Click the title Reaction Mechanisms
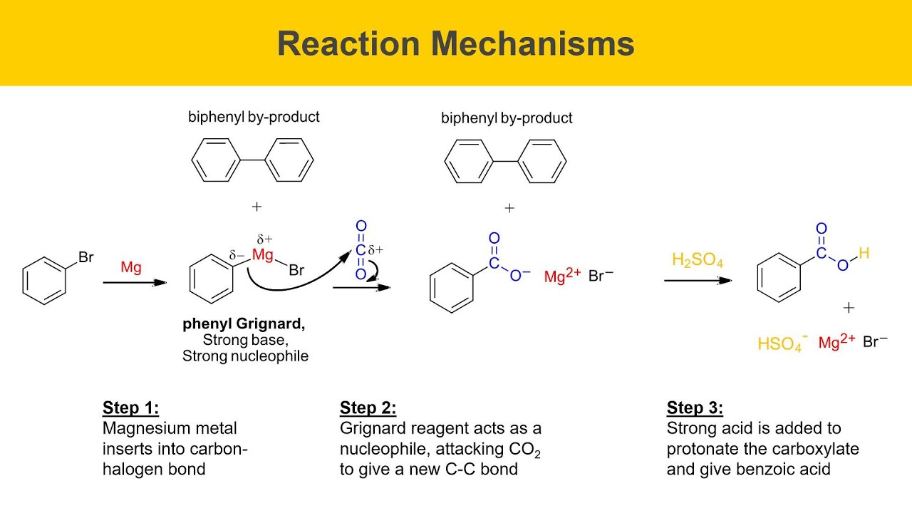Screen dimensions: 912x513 [455, 44]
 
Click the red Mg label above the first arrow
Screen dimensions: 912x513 [131, 267]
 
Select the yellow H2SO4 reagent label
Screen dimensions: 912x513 [697, 260]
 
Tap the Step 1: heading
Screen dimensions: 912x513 [130, 408]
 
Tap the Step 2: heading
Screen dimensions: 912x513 [368, 408]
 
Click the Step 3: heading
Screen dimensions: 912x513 [695, 408]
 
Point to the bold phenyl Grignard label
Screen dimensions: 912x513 [244, 324]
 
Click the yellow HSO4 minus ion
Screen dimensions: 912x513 [782, 343]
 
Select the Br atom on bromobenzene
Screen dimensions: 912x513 [86, 257]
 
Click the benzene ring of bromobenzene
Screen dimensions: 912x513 [44, 281]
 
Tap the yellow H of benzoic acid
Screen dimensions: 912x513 [864, 253]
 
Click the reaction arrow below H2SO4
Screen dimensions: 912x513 [698, 281]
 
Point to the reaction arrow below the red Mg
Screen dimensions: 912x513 [135, 283]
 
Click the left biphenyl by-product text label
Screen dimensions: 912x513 [254, 118]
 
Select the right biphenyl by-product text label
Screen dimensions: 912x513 [507, 118]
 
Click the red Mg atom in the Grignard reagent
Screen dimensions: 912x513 [263, 255]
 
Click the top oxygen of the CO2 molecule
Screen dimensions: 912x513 [361, 226]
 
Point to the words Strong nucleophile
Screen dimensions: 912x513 [245, 356]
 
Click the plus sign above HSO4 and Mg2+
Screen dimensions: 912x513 [849, 308]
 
